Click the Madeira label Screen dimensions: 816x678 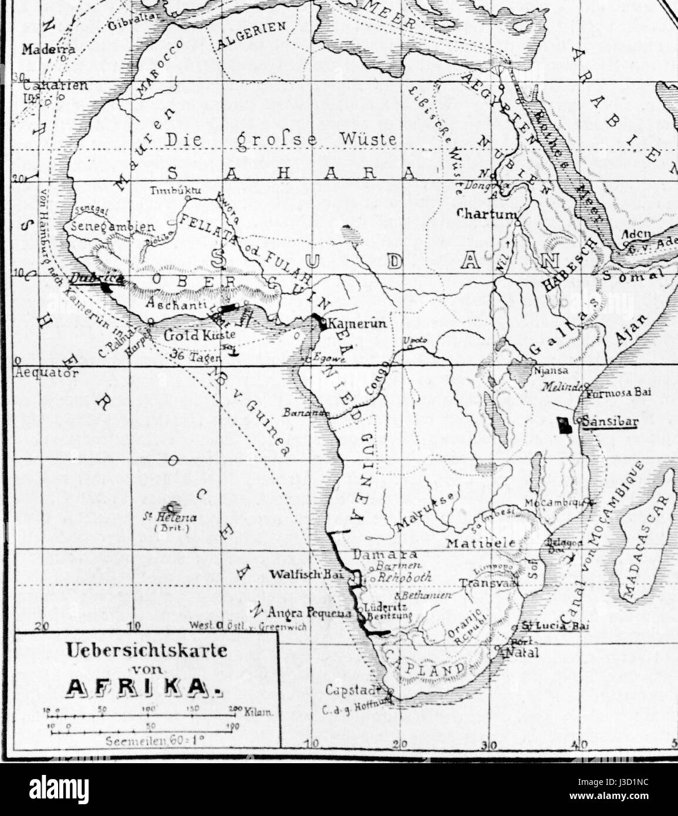48,50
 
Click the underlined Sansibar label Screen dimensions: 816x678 609,422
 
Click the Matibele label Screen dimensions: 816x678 480,543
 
